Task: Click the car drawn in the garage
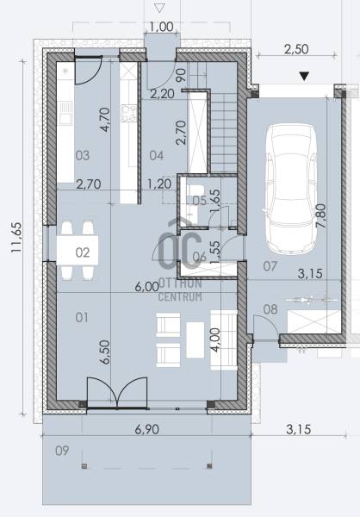point(291,190)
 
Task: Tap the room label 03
point(83,155)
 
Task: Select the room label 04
point(157,155)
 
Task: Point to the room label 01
point(82,317)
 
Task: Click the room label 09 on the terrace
point(62,451)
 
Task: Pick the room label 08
point(270,309)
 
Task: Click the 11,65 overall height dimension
point(16,238)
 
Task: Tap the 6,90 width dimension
point(147,429)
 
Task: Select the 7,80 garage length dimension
point(320,215)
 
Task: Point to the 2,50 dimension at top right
point(296,49)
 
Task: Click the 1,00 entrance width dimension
point(161,27)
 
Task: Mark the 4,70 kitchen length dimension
point(105,120)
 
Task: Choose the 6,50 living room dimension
point(105,352)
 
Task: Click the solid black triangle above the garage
point(304,77)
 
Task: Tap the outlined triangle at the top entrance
point(159,8)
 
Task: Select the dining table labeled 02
point(78,251)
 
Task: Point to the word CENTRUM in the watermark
point(180,296)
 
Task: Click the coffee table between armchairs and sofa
point(196,340)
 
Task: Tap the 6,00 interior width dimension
point(147,287)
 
